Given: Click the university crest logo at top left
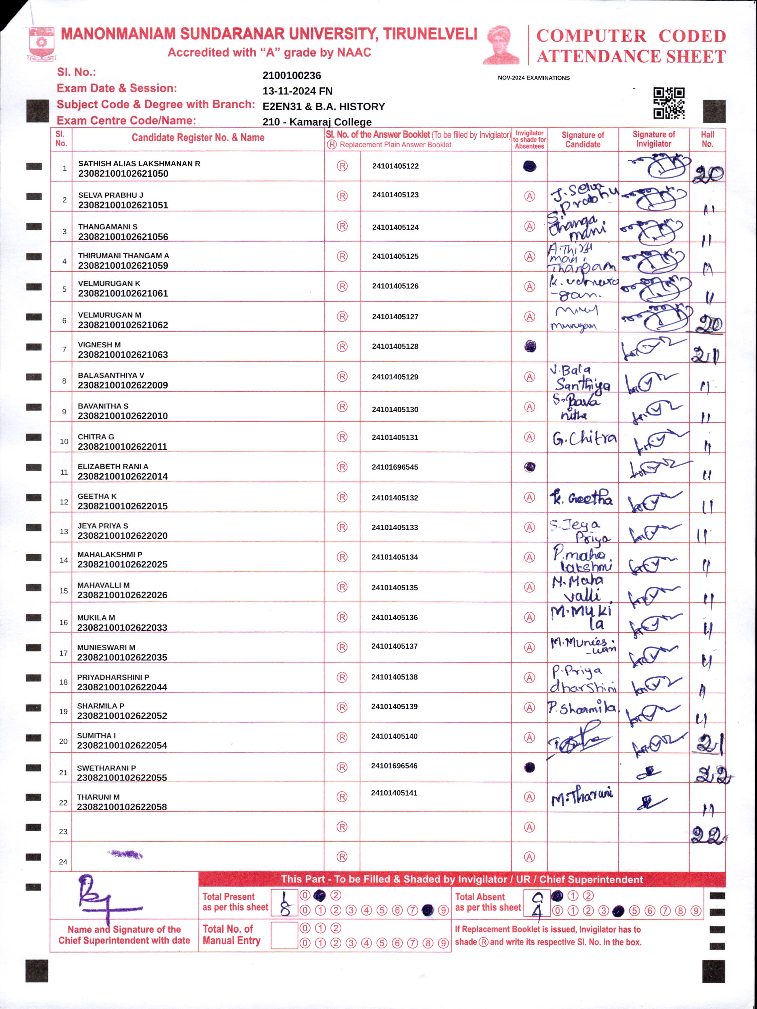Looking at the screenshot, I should tap(42, 44).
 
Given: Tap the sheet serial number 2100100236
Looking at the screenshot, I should tap(292, 76).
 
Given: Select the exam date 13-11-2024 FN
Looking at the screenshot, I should tap(297, 91).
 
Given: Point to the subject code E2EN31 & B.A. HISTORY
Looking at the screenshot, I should tap(323, 107).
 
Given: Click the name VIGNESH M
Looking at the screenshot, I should tap(99, 345).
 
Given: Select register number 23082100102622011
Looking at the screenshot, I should tap(122, 446).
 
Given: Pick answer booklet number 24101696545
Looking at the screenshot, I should tap(395, 467).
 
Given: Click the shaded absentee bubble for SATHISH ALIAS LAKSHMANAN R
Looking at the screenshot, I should tap(529, 167).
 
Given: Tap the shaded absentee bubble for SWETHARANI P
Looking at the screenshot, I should tap(529, 767).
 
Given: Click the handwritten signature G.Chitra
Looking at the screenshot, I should tap(584, 438).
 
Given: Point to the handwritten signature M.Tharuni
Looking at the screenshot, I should tap(582, 796).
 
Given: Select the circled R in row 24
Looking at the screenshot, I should tap(342, 857).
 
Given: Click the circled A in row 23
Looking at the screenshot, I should tap(529, 827).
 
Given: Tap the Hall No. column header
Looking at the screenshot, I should tap(707, 139).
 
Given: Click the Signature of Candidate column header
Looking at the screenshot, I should tap(583, 140).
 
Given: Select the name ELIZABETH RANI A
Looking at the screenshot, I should tap(113, 467).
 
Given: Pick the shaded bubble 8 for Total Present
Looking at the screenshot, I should tap(427, 910).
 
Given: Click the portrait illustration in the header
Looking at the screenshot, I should tap(501, 45).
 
